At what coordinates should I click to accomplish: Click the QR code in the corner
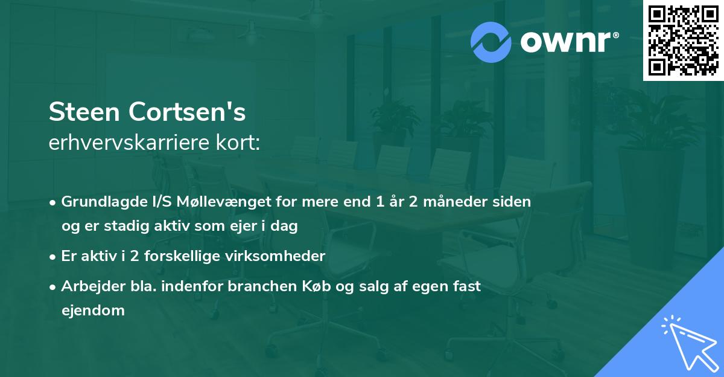pos(683,40)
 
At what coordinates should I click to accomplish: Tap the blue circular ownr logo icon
pos(491,42)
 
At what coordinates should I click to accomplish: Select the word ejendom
pos(93,311)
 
